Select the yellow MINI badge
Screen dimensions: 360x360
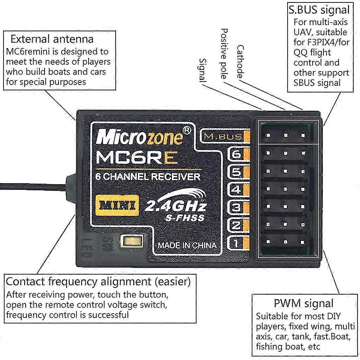click(116, 205)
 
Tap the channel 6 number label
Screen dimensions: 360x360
click(237, 154)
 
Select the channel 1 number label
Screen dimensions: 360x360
click(237, 243)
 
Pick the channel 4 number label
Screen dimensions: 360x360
click(237, 190)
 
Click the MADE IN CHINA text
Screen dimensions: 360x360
click(187, 245)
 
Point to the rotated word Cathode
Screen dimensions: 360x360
click(240, 62)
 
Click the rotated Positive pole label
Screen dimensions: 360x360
click(224, 53)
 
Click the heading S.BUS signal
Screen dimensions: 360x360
click(319, 9)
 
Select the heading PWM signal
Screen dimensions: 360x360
click(303, 303)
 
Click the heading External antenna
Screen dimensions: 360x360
click(52, 39)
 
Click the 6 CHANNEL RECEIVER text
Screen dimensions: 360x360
click(148, 177)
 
